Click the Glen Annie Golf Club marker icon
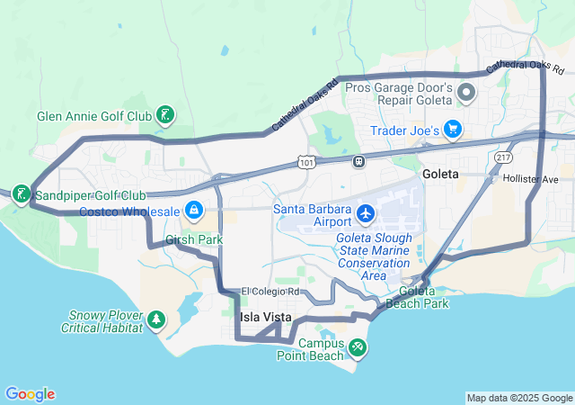coord(165,114)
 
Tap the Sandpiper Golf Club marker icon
coord(21,193)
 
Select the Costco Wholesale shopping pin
coord(193,211)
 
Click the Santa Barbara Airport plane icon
coord(366,213)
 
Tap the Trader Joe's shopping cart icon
coord(453,130)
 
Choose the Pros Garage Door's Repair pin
coord(467,92)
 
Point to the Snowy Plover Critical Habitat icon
coord(156,319)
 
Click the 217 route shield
coord(503,157)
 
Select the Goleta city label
coord(439,173)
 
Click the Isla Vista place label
coord(263,318)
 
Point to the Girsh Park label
coord(194,240)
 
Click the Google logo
coord(30,394)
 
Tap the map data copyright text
coord(519,398)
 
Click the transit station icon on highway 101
coord(358,161)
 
